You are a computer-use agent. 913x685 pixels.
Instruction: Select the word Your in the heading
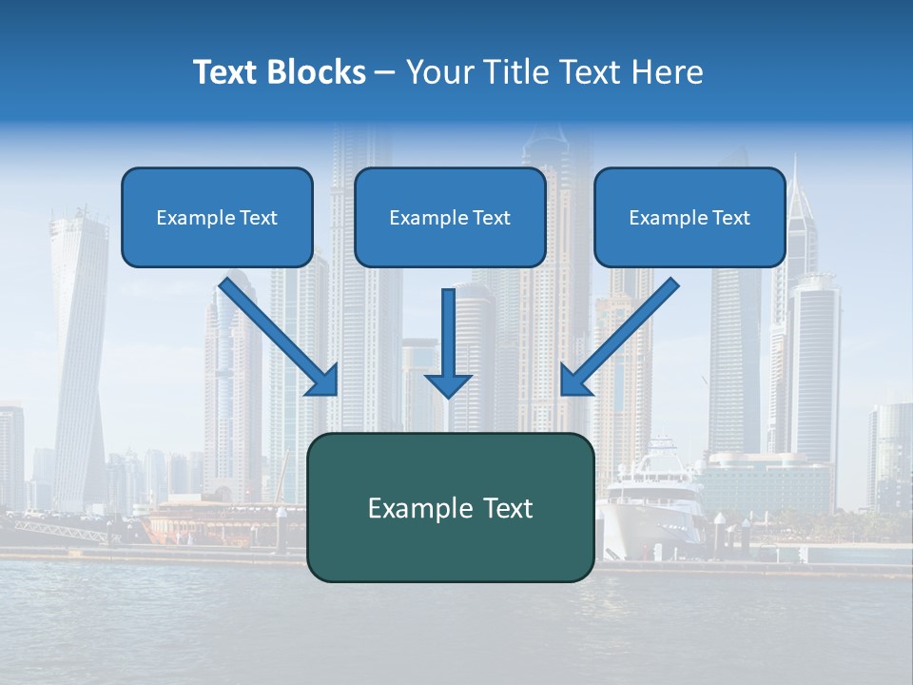(437, 72)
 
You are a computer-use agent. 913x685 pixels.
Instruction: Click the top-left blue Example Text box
(217, 217)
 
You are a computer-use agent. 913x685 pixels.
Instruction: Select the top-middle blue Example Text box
(450, 217)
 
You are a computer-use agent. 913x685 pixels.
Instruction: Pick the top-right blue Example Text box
(690, 217)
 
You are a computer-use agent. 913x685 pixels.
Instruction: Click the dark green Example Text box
(450, 507)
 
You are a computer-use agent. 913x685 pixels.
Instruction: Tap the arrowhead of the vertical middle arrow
(448, 384)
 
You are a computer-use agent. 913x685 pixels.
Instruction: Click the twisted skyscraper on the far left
(81, 352)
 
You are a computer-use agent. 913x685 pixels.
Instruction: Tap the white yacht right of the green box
(656, 495)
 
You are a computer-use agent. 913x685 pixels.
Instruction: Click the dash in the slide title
(385, 72)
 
